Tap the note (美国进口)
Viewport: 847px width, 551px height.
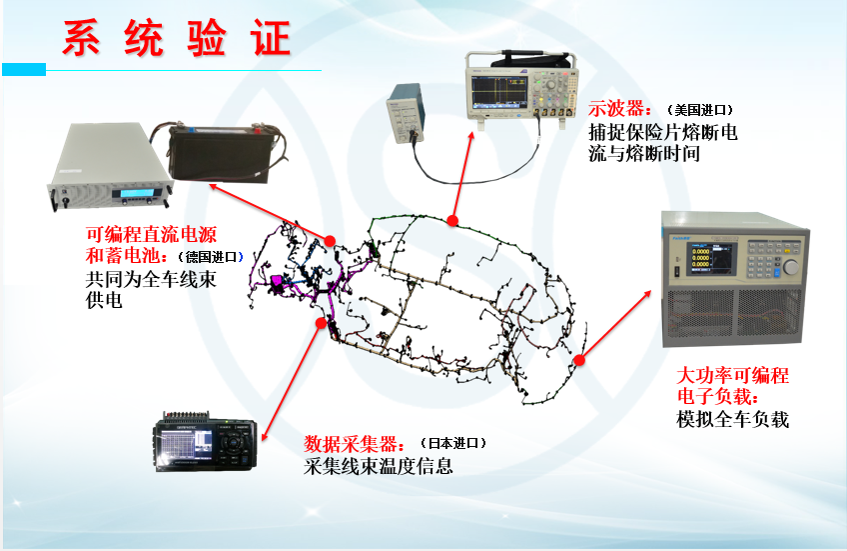point(700,110)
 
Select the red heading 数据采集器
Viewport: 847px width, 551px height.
point(354,444)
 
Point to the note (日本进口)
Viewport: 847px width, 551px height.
point(453,443)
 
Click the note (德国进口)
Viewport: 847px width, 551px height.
point(211,257)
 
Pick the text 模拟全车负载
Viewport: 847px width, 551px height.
point(732,419)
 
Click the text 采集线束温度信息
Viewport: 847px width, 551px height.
point(379,466)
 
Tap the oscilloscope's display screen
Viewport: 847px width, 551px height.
point(498,91)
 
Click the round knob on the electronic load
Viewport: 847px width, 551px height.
point(790,267)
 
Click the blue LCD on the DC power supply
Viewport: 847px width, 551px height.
point(137,194)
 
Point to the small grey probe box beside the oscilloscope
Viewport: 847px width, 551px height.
point(406,114)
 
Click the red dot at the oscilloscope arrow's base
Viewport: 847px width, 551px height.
point(452,220)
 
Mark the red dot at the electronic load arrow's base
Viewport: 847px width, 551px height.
point(579,360)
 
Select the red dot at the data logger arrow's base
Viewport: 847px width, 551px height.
point(321,323)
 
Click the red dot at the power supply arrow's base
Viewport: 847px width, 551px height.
point(330,241)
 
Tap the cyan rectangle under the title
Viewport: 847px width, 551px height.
point(24,69)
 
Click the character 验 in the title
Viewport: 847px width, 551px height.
point(207,38)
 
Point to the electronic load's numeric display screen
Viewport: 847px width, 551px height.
point(711,258)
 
